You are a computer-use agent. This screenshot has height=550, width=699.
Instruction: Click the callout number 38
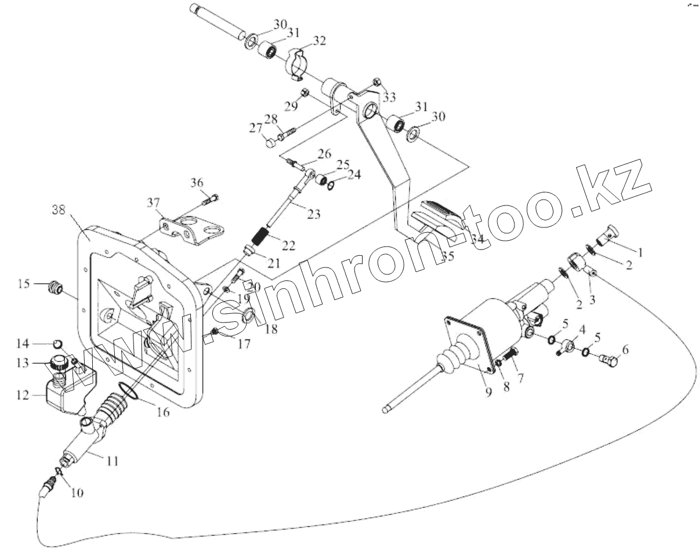click(58, 209)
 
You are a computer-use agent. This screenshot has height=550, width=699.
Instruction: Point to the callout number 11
click(112, 461)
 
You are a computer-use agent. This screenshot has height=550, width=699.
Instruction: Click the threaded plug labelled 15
click(56, 287)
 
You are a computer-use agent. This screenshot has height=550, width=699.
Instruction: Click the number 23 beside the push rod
click(313, 214)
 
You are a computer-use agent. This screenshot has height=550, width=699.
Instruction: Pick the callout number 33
click(389, 96)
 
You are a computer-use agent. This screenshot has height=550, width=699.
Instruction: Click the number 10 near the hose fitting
click(77, 493)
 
